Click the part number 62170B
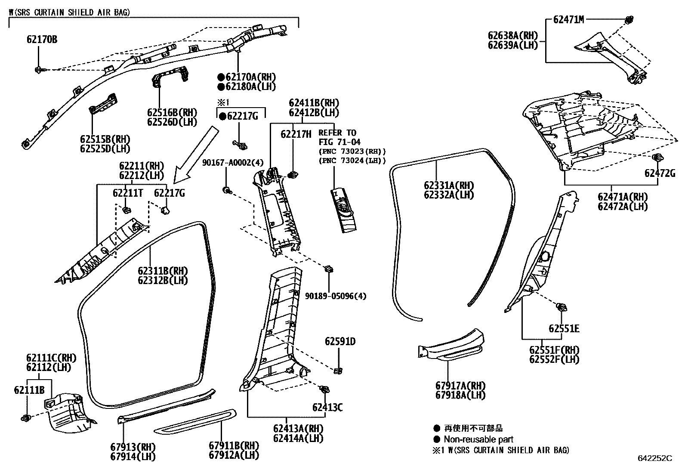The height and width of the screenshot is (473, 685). click(42, 40)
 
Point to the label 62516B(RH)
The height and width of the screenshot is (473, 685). click(172, 112)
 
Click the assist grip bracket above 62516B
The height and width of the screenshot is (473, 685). click(170, 78)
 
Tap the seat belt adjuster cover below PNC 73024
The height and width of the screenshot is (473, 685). click(343, 210)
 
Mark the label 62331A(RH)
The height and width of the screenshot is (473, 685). click(449, 185)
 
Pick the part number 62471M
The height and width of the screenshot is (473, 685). click(568, 19)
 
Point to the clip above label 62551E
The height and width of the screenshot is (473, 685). click(562, 307)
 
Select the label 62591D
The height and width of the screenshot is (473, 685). click(340, 341)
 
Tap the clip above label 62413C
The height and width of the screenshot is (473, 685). click(324, 390)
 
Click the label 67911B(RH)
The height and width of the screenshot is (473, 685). click(234, 445)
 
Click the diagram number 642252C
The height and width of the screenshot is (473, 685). click(655, 458)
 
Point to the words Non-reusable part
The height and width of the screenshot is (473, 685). click(478, 439)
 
